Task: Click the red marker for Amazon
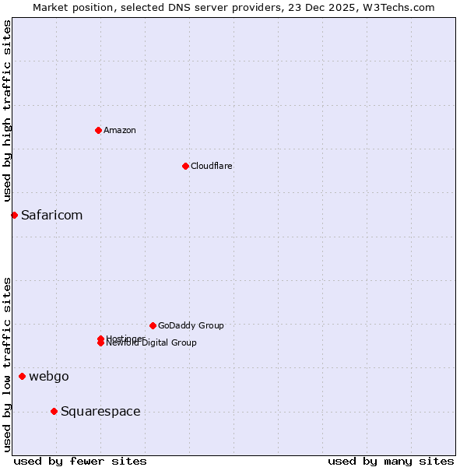[x=98, y=130]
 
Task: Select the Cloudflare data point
[x=185, y=166]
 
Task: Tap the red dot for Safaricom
[x=14, y=215]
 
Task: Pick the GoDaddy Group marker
[x=153, y=325]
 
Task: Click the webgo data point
[x=22, y=377]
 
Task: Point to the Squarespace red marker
[x=54, y=411]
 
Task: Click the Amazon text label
[x=120, y=130]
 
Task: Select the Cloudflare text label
[x=212, y=166]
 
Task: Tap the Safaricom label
[x=51, y=215]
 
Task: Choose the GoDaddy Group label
[x=191, y=325]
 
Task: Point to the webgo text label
[x=49, y=377]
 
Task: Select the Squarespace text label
[x=100, y=411]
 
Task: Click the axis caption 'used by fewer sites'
[x=80, y=461]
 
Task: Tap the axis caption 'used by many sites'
[x=391, y=461]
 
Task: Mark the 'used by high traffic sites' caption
[x=7, y=111]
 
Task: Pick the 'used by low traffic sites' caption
[x=7, y=364]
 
